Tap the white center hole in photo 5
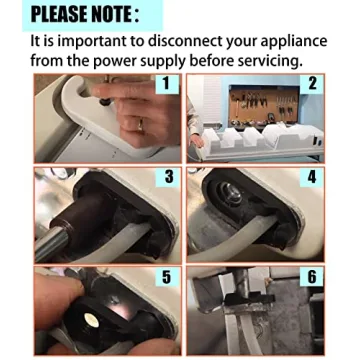(93, 317)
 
